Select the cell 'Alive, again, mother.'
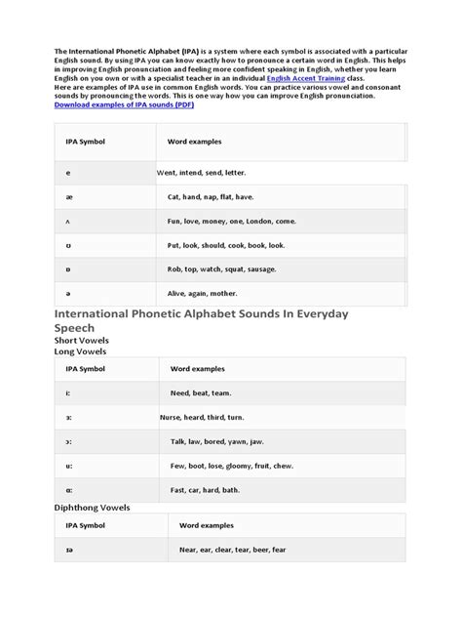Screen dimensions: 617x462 point(204,293)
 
